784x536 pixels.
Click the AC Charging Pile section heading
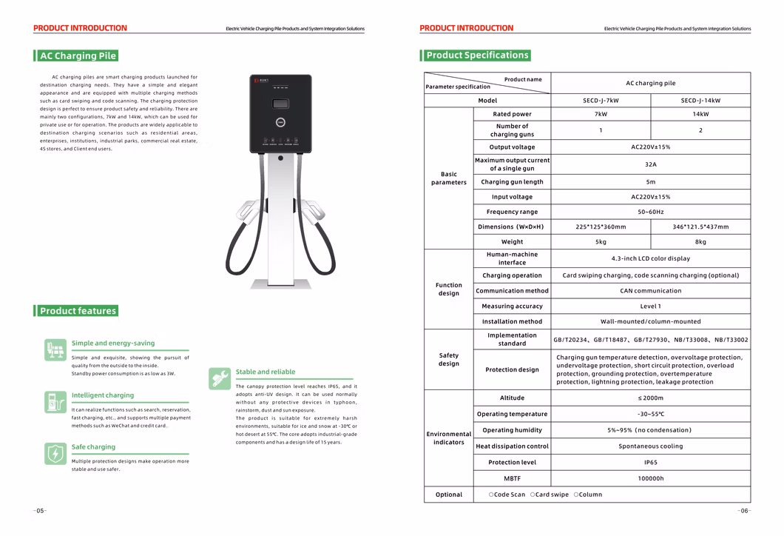click(78, 56)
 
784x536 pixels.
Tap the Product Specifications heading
click(477, 55)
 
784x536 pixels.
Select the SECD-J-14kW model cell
click(700, 101)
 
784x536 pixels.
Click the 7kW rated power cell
click(601, 115)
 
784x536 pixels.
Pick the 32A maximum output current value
click(650, 164)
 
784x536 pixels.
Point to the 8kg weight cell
click(700, 242)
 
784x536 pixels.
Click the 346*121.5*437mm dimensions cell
click(700, 227)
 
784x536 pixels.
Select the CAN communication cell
click(650, 291)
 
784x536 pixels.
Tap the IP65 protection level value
click(650, 463)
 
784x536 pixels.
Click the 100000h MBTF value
click(650, 479)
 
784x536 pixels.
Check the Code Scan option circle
click(491, 495)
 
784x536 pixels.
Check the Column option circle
click(576, 495)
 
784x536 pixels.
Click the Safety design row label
click(448, 360)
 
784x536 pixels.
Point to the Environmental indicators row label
click(448, 438)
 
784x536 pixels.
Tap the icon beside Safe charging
click(55, 453)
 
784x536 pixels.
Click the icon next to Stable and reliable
click(220, 378)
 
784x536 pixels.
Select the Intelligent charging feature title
click(103, 395)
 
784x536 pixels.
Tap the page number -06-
click(743, 511)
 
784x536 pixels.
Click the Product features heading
click(78, 311)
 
